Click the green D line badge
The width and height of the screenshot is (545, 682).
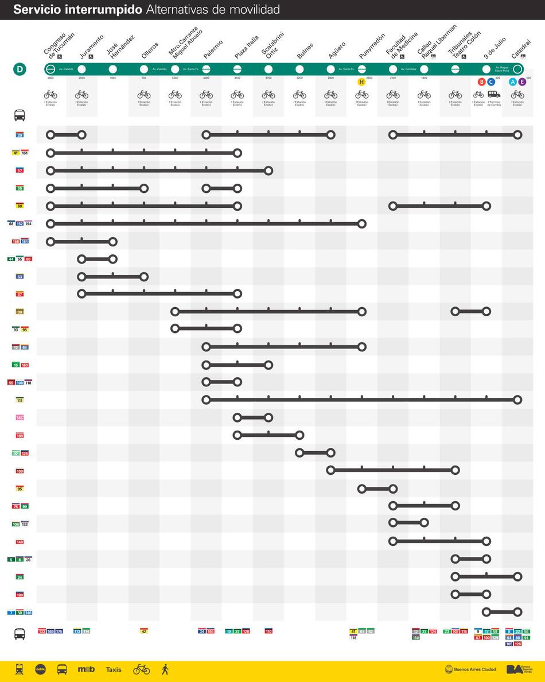[20, 69]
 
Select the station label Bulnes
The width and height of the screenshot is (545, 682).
[305, 52]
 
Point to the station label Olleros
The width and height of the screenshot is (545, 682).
[150, 50]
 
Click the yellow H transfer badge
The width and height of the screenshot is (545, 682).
[361, 82]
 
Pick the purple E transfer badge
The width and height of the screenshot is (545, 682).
[522, 82]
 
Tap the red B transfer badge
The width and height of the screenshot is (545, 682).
[481, 82]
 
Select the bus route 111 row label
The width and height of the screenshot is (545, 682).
[20, 400]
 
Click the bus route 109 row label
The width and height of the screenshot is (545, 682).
[20, 471]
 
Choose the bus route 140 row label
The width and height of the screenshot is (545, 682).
[20, 542]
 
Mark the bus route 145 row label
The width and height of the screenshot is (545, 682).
[20, 418]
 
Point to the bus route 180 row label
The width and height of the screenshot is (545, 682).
[20, 595]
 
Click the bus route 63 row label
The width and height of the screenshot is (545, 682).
[20, 277]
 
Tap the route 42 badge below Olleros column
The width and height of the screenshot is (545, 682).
[144, 631]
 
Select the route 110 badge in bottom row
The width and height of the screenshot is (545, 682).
[268, 631]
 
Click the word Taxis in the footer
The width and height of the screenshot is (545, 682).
[114, 669]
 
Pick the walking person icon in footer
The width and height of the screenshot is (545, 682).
[165, 669]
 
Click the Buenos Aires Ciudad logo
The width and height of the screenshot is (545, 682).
[470, 669]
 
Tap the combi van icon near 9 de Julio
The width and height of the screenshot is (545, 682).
[494, 94]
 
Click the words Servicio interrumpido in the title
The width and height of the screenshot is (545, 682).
[78, 10]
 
